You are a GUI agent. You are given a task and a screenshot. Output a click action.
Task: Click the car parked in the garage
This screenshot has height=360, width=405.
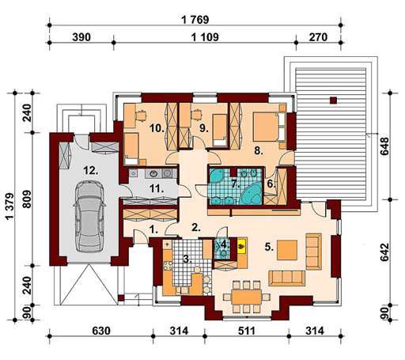coord(89,216)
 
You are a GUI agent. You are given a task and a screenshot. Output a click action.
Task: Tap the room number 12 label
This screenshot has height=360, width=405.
coord(91,170)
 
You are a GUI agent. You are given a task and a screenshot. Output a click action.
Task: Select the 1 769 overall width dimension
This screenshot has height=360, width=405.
coord(195,20)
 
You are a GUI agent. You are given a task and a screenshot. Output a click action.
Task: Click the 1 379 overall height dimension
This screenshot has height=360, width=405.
coord(10,207)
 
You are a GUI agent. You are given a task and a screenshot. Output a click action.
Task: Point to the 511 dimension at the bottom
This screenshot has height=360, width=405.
coord(247,331)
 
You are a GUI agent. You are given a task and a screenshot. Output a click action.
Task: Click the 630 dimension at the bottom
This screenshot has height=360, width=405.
coord(101,331)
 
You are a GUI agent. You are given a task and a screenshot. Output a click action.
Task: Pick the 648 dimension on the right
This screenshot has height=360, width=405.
coord(384,146)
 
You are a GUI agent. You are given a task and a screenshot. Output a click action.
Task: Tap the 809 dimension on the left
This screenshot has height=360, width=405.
coord(27,199)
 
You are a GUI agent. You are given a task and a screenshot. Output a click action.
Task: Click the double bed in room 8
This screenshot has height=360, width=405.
coord(269,127)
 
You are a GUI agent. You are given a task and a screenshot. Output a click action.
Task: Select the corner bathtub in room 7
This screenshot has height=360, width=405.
coord(252,194)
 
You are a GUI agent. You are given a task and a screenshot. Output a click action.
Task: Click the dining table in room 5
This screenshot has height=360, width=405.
coord(247,297)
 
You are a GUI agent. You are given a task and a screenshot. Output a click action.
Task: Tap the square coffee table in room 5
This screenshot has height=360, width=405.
coord(287,250)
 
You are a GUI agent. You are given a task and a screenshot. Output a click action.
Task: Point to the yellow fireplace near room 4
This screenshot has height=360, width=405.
coord(242,246)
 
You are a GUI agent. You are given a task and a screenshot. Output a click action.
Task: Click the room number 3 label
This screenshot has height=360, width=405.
coord(187,260)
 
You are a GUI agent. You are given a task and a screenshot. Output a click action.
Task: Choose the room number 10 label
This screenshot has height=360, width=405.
coord(157,128)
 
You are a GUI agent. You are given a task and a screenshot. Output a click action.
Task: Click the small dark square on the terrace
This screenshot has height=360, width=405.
coord(334,100)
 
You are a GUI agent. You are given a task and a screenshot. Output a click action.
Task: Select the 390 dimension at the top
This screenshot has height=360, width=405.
coord(81,37)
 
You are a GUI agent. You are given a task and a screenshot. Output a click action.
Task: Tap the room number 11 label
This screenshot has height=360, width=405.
coord(157,188)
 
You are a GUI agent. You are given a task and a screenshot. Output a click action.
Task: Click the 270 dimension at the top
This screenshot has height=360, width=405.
coord(318,37)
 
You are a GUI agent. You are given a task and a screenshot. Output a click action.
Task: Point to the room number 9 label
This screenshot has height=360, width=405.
coord(204,128)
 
